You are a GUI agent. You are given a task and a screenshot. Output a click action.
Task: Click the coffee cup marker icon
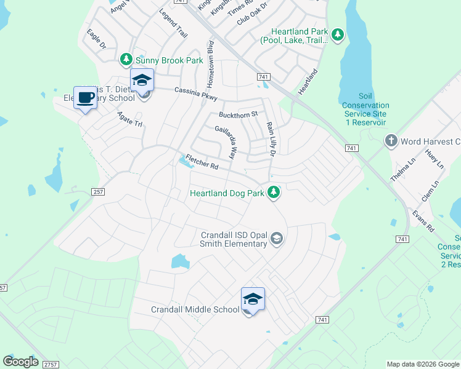(x=85, y=97)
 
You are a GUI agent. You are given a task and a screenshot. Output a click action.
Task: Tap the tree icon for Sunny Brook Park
(x=126, y=60)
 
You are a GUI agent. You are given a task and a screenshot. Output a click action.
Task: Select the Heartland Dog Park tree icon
(x=274, y=193)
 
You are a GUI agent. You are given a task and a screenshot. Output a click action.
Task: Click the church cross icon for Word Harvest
(x=390, y=141)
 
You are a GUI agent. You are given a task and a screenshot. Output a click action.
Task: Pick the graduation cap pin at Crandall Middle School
(x=253, y=299)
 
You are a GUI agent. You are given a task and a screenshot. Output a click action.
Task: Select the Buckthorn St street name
(x=237, y=114)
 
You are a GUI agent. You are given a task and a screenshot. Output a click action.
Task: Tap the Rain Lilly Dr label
(x=269, y=137)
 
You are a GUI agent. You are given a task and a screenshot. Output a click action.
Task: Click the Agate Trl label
(x=130, y=119)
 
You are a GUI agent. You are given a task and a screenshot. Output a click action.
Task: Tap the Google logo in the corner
(x=20, y=362)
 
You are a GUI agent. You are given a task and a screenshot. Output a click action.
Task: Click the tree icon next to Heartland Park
(x=337, y=35)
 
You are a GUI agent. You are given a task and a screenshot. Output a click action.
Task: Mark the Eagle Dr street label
(x=97, y=38)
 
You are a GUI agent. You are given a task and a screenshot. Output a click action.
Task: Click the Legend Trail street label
(x=173, y=23)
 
